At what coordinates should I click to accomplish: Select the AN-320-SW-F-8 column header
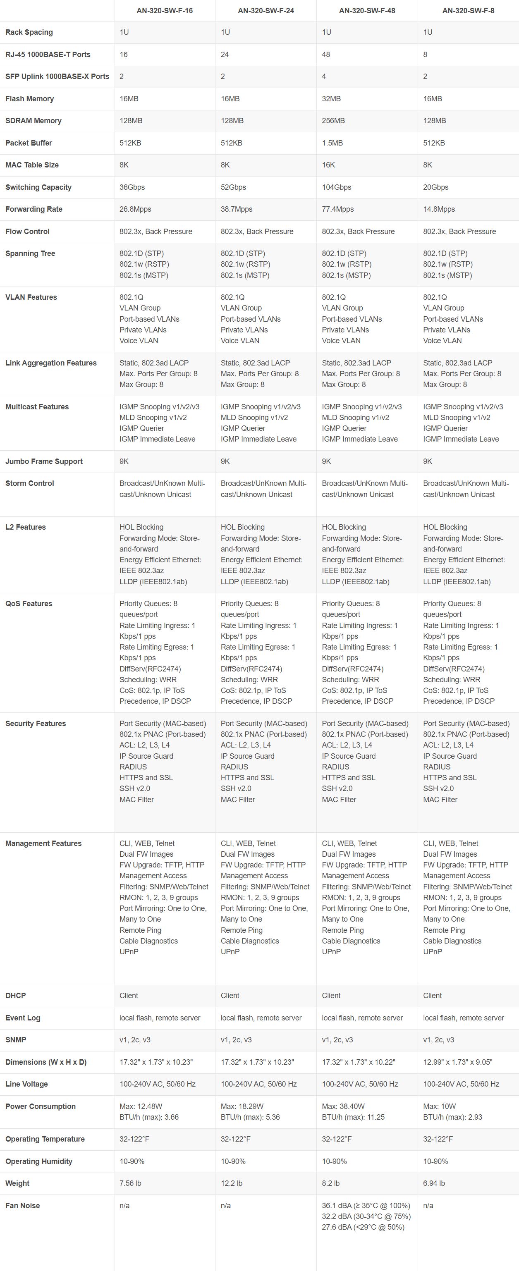coord(468,10)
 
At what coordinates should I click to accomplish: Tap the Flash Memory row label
coord(30,99)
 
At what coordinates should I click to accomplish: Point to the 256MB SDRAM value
coord(333,120)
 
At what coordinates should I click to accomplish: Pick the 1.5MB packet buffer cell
coord(332,143)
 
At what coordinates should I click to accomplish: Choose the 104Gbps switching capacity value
coord(337,187)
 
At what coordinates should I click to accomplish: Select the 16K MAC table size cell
coord(329,165)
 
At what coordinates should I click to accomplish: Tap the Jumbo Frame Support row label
coord(44,461)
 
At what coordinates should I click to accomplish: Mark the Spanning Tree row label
coord(30,253)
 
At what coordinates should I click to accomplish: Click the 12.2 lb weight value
coord(232,1183)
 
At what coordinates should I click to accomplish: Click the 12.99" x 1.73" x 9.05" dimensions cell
coord(457,1062)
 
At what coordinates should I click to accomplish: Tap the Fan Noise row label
coord(23,1205)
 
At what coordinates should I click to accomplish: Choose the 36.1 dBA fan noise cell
coord(366,1205)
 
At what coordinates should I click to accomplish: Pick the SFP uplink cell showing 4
coord(324,76)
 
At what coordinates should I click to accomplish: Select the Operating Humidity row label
coord(39,1161)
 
